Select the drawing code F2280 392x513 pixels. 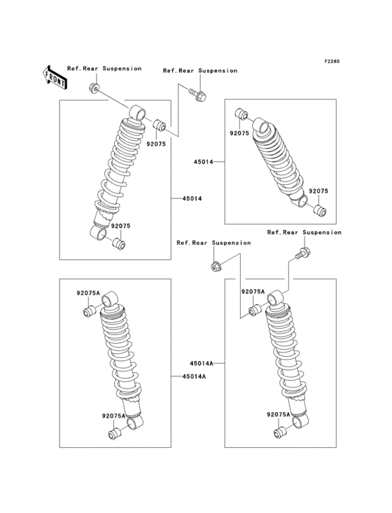pyautogui.click(x=331, y=61)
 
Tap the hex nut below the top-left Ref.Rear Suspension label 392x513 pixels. pyautogui.click(x=94, y=88)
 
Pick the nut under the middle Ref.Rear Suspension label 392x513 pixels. pyautogui.click(x=216, y=266)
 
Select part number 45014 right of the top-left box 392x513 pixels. pyautogui.click(x=192, y=199)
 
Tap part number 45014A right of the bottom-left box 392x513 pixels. pyautogui.click(x=193, y=376)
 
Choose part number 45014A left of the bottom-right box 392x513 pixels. pyautogui.click(x=200, y=364)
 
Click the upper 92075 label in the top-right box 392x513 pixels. pyautogui.click(x=239, y=132)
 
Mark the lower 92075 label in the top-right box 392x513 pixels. pyautogui.click(x=318, y=191)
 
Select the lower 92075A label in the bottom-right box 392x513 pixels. pyautogui.click(x=278, y=415)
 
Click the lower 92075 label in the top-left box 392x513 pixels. pyautogui.click(x=119, y=226)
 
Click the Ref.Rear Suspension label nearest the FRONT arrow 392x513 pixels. pyautogui.click(x=104, y=69)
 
